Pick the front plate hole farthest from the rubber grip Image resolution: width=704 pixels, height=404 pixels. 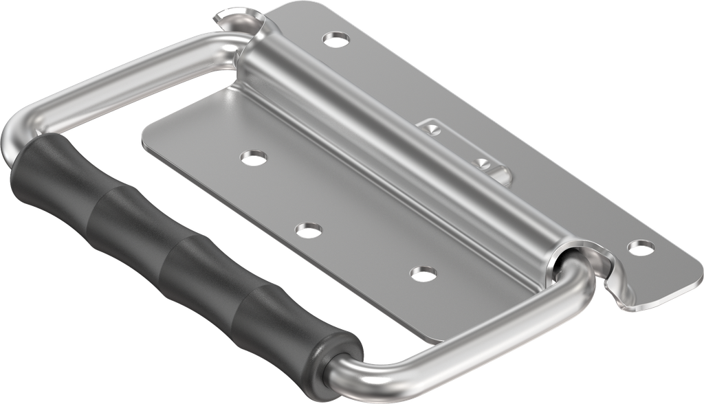pos(254,158)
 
